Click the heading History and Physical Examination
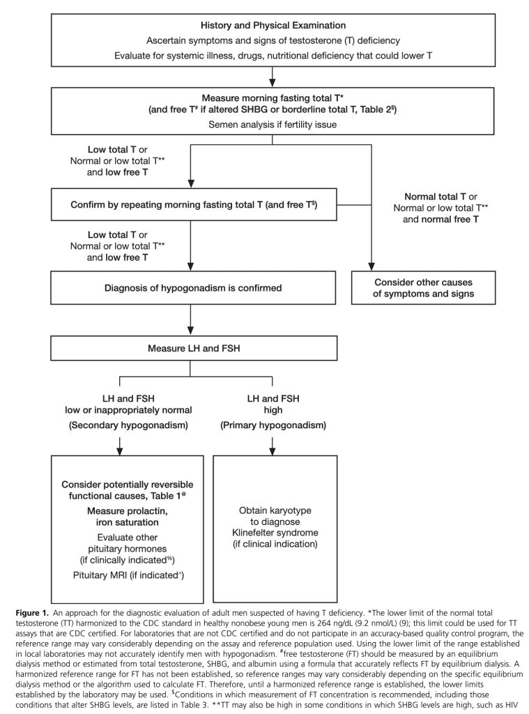tap(273, 25)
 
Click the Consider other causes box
tap(424, 287)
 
